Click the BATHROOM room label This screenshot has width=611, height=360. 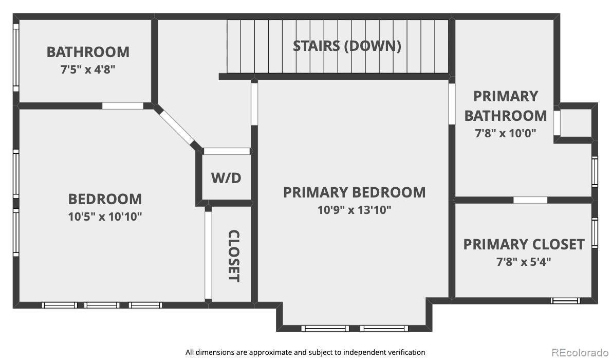pos(88,52)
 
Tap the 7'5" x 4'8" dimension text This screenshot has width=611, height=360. pos(88,70)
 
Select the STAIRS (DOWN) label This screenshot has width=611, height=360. pos(347,46)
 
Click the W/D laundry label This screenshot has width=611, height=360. pos(227,178)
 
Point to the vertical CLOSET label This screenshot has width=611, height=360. pos(233,256)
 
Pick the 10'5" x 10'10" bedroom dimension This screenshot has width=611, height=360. pos(105,217)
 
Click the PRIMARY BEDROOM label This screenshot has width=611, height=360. pos(354,192)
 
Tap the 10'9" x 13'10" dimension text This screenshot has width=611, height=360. pos(354,210)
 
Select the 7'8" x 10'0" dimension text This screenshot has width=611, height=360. pos(506,133)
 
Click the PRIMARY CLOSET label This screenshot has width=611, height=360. pos(524,244)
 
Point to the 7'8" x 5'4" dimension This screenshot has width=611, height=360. pos(524,262)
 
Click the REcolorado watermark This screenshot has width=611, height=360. pos(581,352)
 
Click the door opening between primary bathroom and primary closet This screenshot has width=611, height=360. pos(530,200)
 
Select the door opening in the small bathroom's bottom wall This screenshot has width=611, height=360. pos(123,106)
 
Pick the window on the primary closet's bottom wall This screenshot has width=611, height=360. pos(565,301)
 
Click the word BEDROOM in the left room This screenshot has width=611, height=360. pos(105,199)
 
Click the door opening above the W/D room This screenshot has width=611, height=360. pos(227,151)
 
